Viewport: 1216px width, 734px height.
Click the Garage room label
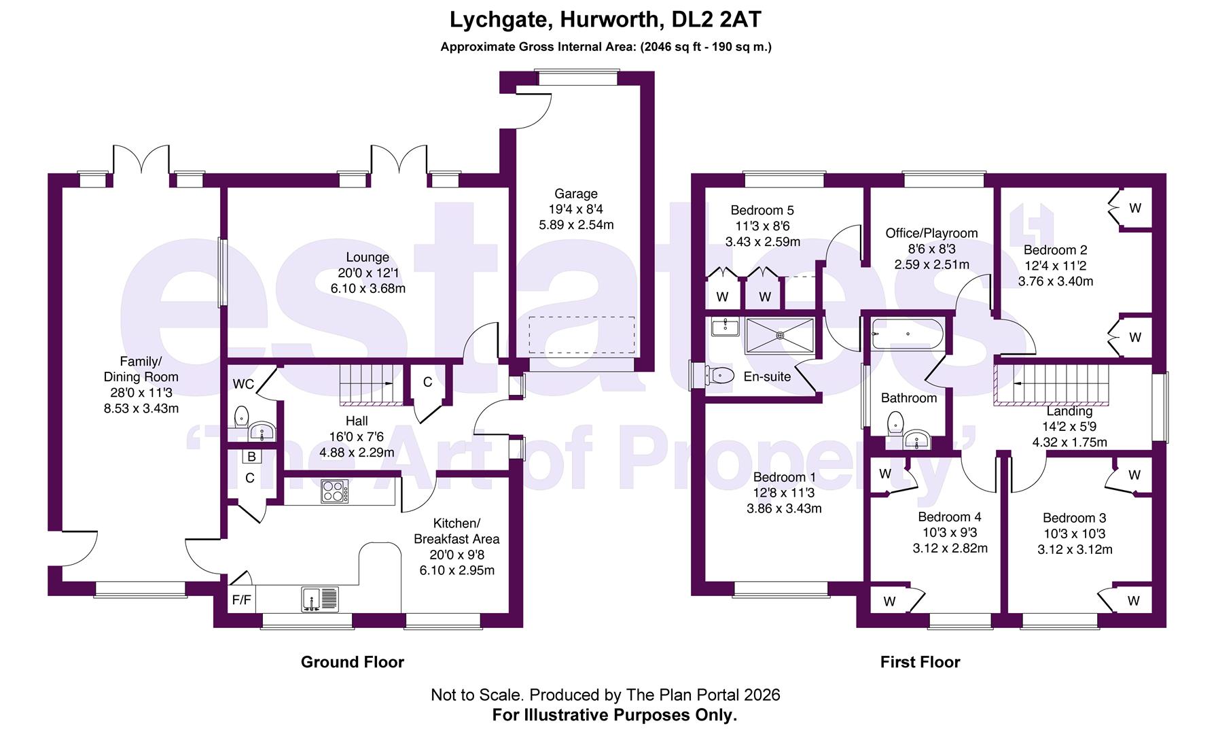[575, 194]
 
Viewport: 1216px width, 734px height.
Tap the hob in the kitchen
[335, 491]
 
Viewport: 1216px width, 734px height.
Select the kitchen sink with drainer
[320, 599]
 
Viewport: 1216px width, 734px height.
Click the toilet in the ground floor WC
[241, 415]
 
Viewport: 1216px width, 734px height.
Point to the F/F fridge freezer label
[242, 600]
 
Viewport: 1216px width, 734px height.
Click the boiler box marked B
[251, 457]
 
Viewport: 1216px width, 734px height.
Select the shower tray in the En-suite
[779, 335]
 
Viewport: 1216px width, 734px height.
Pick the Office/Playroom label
[931, 233]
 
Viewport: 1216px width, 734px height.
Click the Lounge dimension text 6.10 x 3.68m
[368, 288]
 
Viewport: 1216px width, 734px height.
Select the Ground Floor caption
[352, 662]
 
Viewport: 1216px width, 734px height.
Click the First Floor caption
[920, 662]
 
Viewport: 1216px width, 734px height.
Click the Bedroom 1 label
[784, 477]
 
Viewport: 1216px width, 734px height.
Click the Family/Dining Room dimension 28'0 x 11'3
[141, 393]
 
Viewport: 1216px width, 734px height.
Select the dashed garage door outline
[582, 335]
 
